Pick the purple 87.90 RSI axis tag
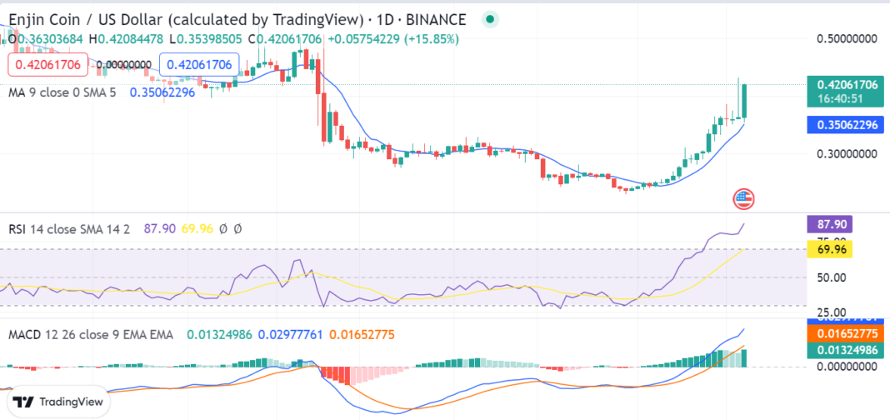829,223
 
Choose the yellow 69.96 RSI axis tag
829,248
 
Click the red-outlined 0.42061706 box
47,64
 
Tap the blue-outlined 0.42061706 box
200,64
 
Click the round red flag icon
743,198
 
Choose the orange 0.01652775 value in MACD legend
367,334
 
